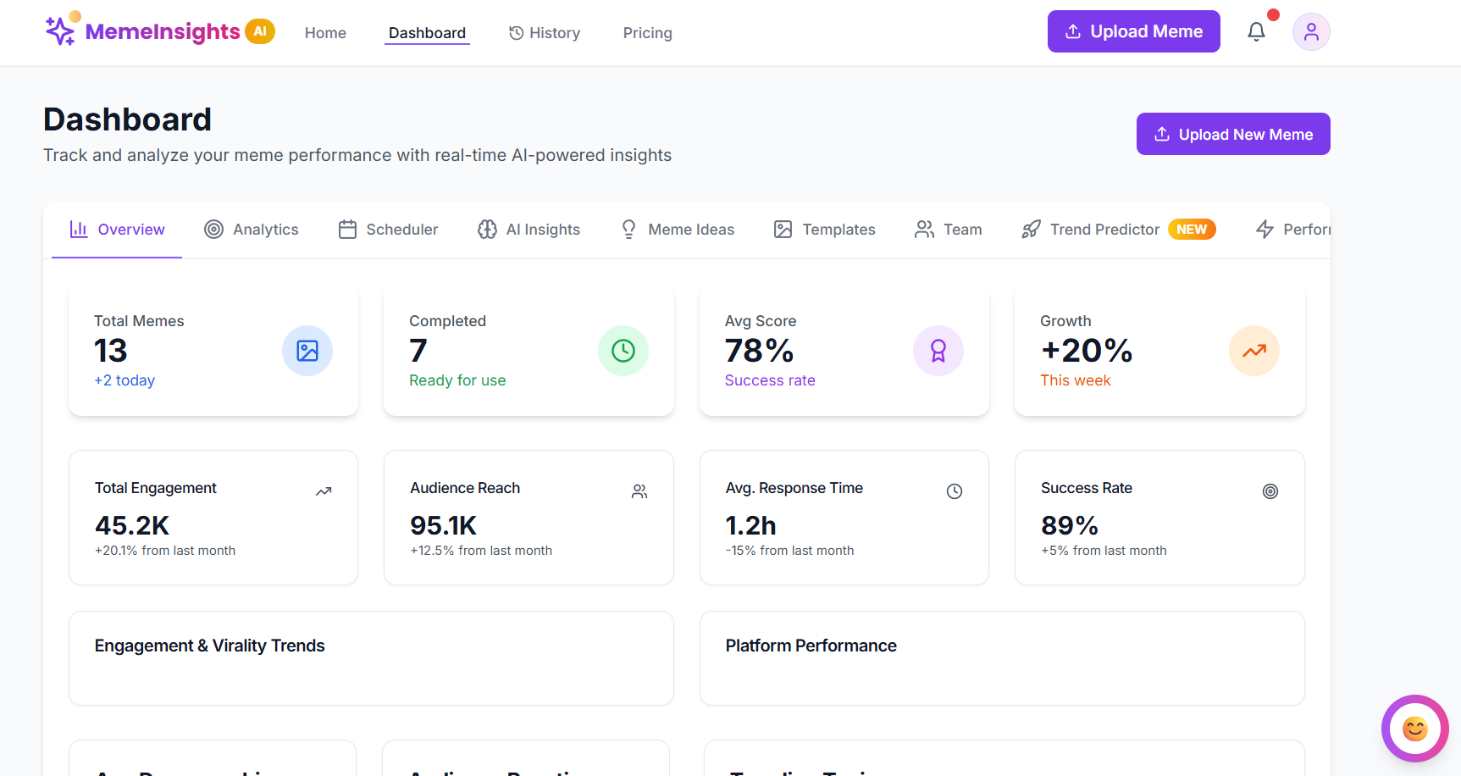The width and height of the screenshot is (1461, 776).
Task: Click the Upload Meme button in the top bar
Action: coord(1133,31)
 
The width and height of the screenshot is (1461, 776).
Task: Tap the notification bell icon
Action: coord(1256,32)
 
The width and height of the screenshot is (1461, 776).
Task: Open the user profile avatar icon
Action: coord(1310,32)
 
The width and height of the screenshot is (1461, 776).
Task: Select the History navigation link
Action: coord(545,33)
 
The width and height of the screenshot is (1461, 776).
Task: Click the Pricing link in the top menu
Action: coord(647,33)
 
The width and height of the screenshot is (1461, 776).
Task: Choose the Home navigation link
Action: coord(325,33)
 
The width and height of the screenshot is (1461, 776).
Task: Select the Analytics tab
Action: coord(252,230)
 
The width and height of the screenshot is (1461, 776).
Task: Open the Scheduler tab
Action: coord(388,230)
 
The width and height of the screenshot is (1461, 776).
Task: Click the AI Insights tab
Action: coord(529,230)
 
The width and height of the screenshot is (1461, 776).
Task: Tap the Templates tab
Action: coord(824,230)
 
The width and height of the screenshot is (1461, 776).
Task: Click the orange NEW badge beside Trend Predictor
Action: coord(1192,230)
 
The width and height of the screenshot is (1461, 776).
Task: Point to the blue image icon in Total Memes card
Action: coord(307,351)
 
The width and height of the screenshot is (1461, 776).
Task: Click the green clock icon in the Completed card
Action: coord(623,351)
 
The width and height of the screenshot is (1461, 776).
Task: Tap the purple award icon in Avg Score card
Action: coord(938,351)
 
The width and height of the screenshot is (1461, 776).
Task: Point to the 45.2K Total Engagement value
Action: coord(132,525)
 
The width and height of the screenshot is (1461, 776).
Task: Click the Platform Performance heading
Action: coord(811,646)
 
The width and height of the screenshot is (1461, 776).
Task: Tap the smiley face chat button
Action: coord(1414,729)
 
